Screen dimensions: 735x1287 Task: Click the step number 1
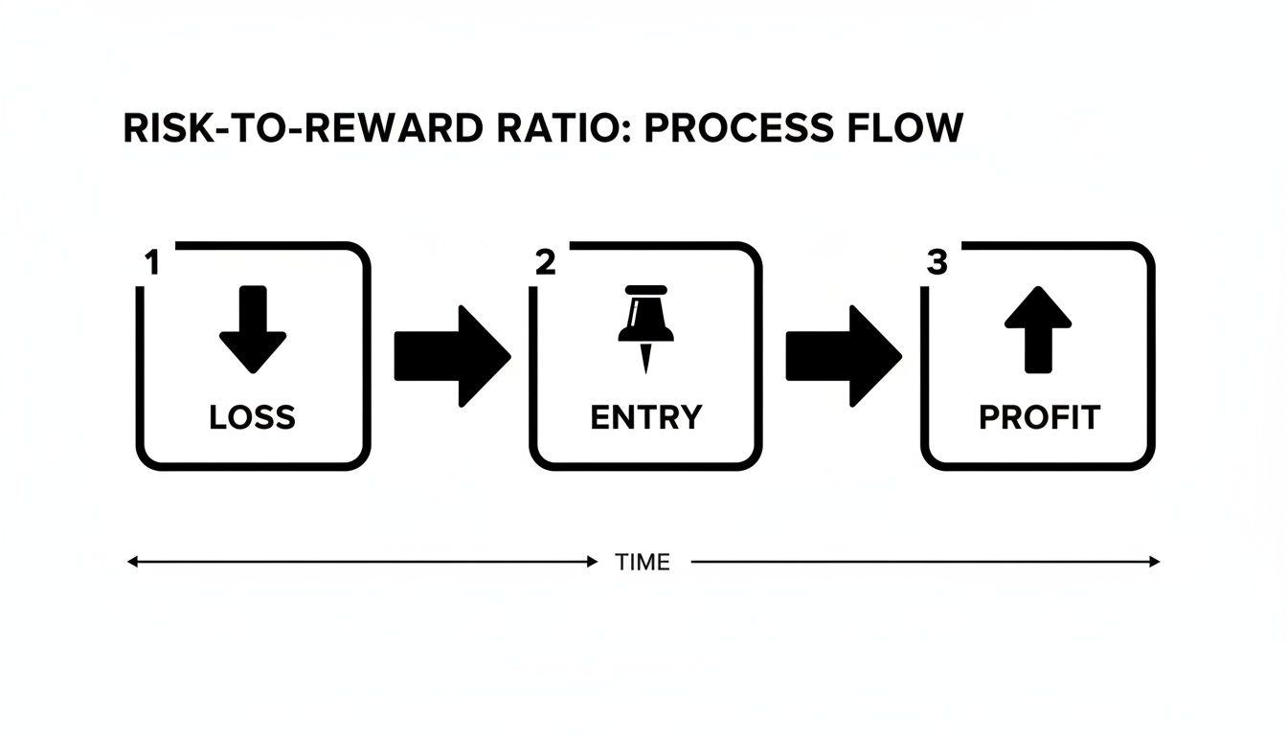coord(150,263)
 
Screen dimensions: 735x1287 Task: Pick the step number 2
coord(545,263)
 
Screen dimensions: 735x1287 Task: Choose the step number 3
coord(937,263)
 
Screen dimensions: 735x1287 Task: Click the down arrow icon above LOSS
coord(253,329)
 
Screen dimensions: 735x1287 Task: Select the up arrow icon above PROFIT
coord(1038,329)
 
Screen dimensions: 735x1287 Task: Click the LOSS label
coord(253,417)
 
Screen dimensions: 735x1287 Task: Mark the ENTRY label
coord(646,417)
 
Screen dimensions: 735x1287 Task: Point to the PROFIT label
coord(1039,417)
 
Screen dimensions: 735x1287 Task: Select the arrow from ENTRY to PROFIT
coord(844,356)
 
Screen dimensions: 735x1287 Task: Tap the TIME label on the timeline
coord(643,563)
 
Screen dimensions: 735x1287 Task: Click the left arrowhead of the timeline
coord(133,563)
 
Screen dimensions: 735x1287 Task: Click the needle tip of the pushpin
coord(645,367)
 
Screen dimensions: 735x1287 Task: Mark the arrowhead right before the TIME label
coord(591,563)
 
